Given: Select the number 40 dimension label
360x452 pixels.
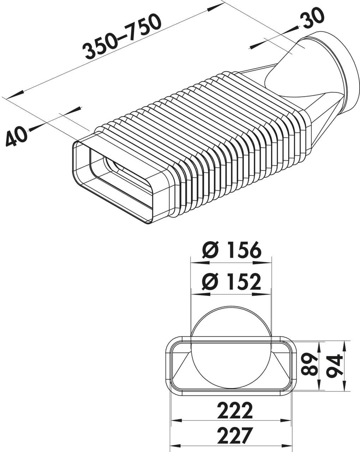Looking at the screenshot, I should coord(17,136).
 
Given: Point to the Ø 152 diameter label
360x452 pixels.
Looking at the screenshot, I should coord(232,282).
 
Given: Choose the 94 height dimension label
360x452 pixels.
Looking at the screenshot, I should coord(334,366).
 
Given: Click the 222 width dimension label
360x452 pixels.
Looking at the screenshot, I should coord(235,410).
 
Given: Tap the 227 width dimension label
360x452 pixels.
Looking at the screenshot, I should coord(235,435).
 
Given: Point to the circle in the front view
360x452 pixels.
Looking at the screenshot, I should coord(231,348).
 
